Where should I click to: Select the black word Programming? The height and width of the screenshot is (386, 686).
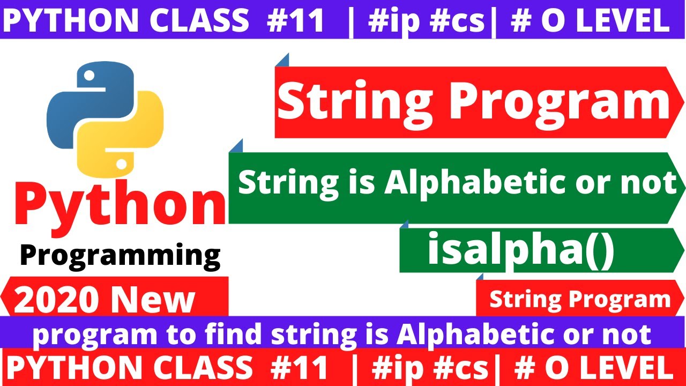tap(120, 255)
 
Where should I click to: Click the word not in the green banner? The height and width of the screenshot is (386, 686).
tap(654, 183)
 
